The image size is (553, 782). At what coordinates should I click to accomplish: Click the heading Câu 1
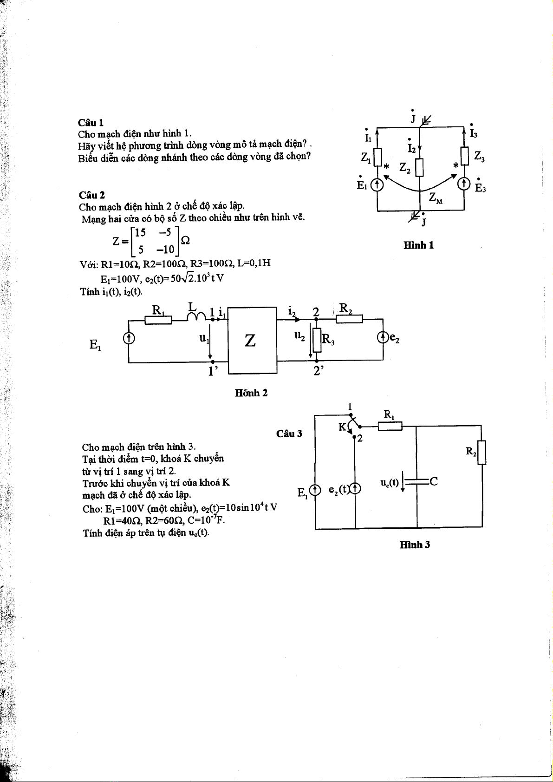91,123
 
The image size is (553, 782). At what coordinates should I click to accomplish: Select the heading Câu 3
289,434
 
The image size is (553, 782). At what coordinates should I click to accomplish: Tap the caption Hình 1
418,245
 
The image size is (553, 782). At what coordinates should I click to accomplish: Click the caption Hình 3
415,545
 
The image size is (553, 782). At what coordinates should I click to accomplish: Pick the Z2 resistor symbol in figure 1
419,167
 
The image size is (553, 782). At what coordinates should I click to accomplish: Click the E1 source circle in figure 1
377,185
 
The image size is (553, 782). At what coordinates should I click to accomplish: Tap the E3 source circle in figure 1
464,184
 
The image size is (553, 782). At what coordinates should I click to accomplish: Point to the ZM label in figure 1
436,198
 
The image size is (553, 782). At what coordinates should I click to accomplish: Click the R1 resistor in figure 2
158,320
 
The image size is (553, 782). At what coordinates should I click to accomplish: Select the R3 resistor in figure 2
317,340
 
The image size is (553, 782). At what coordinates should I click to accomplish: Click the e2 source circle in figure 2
383,337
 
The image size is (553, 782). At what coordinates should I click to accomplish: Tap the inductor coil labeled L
196,316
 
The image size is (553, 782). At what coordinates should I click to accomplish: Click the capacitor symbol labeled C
416,482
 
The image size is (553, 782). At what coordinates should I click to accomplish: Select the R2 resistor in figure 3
481,452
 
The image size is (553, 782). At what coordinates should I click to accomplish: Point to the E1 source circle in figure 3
315,490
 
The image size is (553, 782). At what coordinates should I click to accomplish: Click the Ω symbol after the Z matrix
184,241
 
